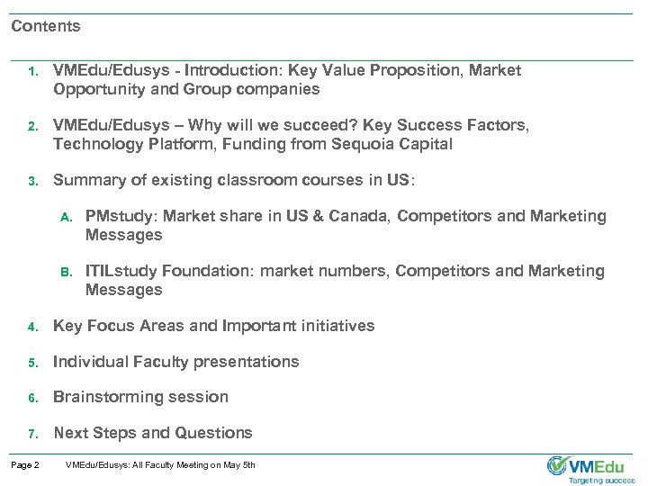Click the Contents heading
pyautogui.click(x=46, y=26)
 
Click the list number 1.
pyautogui.click(x=31, y=70)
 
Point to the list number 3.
pyautogui.click(x=31, y=181)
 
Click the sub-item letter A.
pyautogui.click(x=65, y=217)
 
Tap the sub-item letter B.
pyautogui.click(x=65, y=271)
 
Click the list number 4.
pyautogui.click(x=31, y=326)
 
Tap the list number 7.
pyautogui.click(x=31, y=433)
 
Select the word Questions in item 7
pyautogui.click(x=217, y=432)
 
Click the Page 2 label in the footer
pyautogui.click(x=25, y=465)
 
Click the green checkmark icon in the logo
pyautogui.click(x=558, y=465)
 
